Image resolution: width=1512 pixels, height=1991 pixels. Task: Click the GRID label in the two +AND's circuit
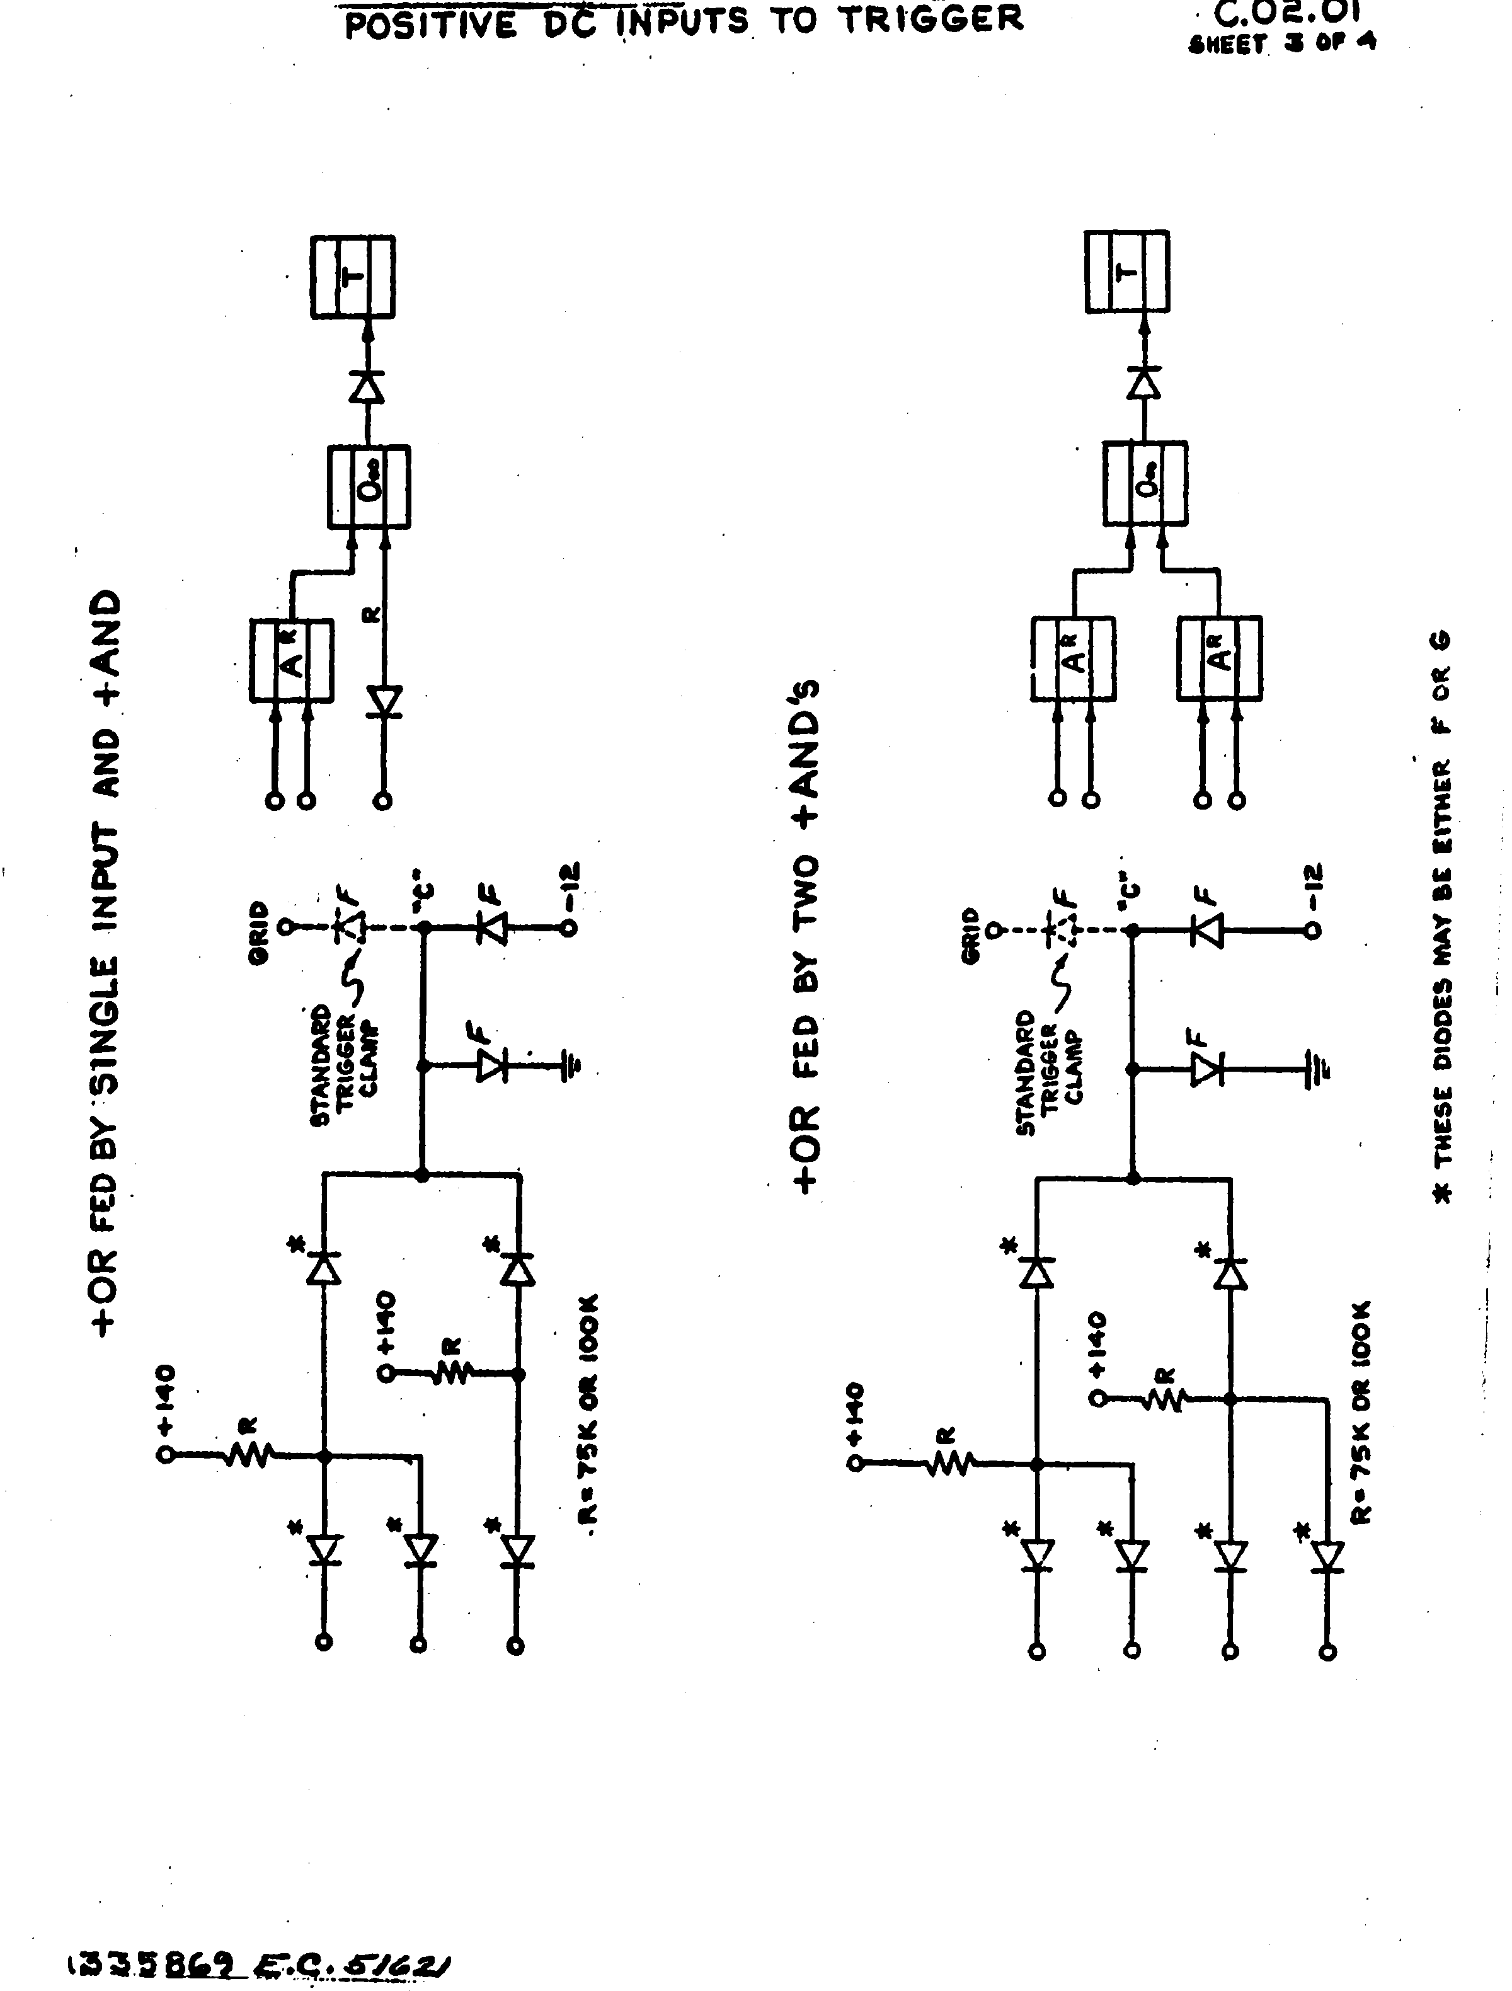[x=970, y=936]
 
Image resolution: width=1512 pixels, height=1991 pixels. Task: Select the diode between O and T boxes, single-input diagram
[x=366, y=386]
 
